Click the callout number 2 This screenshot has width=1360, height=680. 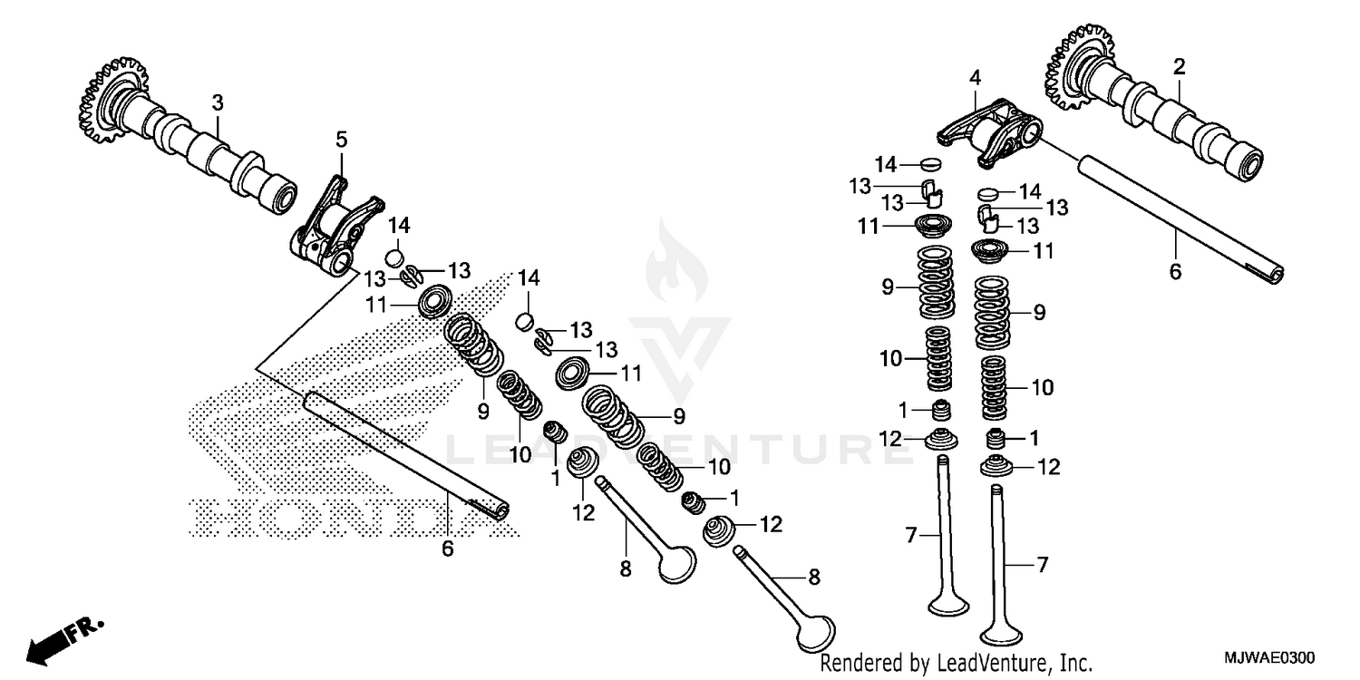(x=1179, y=66)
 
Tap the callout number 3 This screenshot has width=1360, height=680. (x=218, y=102)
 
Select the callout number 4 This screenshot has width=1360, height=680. (x=975, y=79)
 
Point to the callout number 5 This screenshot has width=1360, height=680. (x=341, y=139)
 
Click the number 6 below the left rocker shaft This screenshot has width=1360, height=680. (x=447, y=549)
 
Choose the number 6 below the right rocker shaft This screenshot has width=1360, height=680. (x=1175, y=271)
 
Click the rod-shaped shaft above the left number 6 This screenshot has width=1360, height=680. (x=408, y=453)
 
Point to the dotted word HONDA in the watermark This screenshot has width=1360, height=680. (x=335, y=517)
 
